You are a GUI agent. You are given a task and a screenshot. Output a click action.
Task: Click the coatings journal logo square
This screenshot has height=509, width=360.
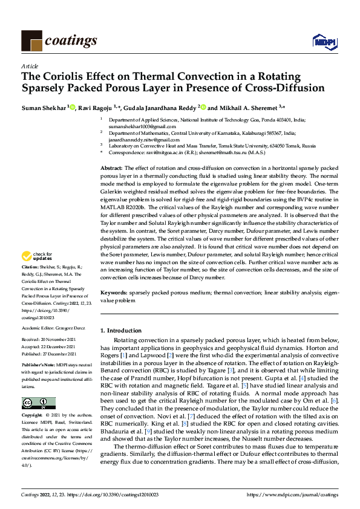click(x=31, y=40)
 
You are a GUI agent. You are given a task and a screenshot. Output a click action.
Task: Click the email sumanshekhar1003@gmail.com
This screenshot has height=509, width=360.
click(x=137, y=126)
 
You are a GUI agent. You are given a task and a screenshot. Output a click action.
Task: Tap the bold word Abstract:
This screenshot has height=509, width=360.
click(x=111, y=167)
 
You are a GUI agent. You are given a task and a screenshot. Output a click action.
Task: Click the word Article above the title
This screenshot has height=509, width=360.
click(x=30, y=66)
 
